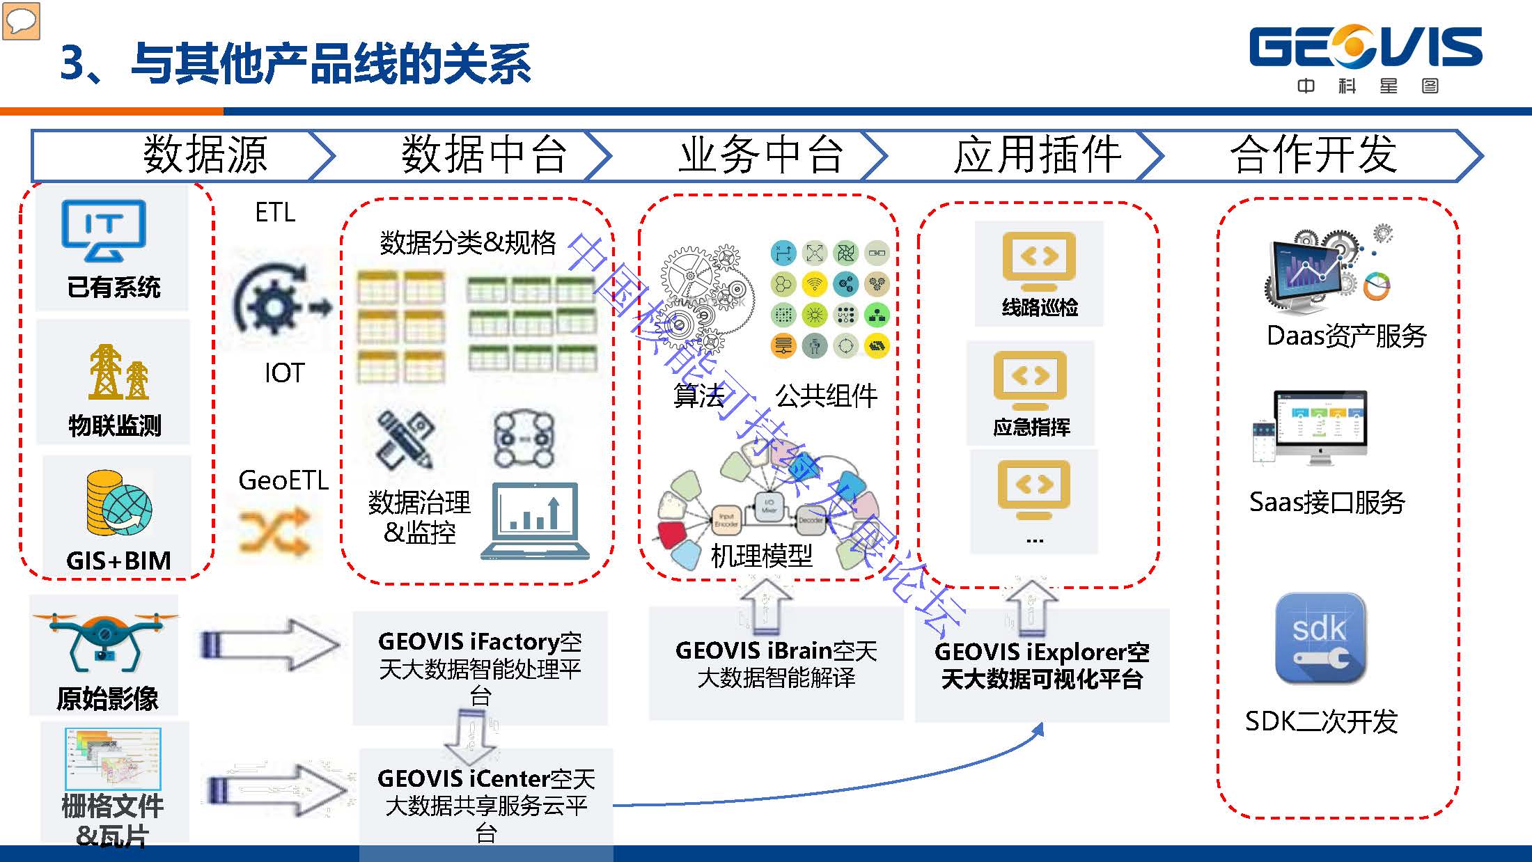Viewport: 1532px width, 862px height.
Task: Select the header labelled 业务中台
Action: click(x=760, y=155)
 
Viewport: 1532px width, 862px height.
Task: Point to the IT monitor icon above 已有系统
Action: click(x=104, y=230)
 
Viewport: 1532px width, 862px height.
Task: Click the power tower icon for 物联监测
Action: click(x=118, y=372)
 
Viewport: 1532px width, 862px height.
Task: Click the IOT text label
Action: click(x=284, y=373)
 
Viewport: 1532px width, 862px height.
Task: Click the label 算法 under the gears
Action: click(x=698, y=395)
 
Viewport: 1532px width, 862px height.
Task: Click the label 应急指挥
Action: click(x=1031, y=427)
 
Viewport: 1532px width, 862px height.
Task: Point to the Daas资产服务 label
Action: click(x=1346, y=336)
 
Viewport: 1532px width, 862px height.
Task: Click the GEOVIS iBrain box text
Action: click(x=776, y=664)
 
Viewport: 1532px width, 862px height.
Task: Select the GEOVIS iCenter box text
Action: click(x=486, y=804)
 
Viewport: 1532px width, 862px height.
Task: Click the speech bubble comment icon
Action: click(x=21, y=21)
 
